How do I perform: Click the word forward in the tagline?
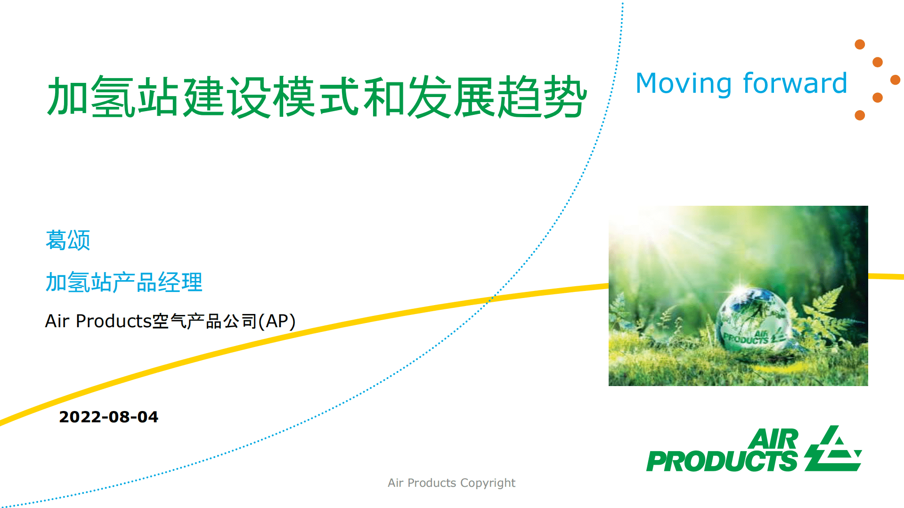point(795,84)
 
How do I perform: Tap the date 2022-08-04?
point(108,417)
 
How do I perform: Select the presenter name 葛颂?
point(68,240)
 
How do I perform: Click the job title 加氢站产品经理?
point(124,282)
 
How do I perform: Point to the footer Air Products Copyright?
point(451,483)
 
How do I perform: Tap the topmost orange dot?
point(860,44)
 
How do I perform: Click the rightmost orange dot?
point(895,80)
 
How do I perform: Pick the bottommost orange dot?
point(860,115)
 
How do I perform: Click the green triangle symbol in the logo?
point(833,450)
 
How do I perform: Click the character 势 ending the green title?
point(565,97)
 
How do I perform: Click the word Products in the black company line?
point(113,321)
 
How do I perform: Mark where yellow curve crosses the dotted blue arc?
point(491,298)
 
